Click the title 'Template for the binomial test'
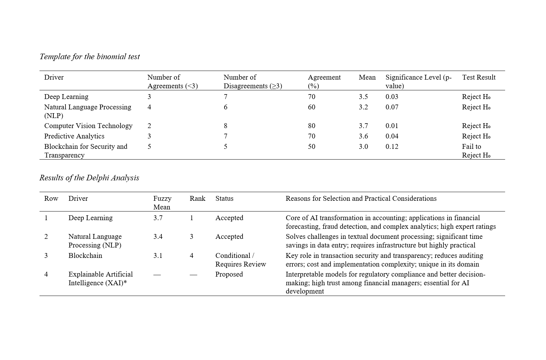(89, 56)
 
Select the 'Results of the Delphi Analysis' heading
(89, 178)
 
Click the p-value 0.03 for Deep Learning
(392, 97)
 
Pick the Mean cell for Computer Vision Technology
(363, 126)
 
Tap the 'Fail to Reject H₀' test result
(476, 151)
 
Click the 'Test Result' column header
(478, 77)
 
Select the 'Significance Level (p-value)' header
(418, 81)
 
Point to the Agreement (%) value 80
(311, 126)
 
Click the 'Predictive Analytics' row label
(74, 136)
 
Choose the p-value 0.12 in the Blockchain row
(392, 146)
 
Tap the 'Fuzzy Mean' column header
(162, 202)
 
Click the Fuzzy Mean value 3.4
(158, 236)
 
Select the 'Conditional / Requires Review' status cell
(240, 260)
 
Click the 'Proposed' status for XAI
(229, 274)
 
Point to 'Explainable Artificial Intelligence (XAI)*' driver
(100, 278)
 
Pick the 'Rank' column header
(197, 198)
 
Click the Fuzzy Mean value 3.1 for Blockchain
(158, 255)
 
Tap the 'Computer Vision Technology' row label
(88, 126)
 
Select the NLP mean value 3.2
(363, 107)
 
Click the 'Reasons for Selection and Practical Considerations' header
(361, 198)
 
